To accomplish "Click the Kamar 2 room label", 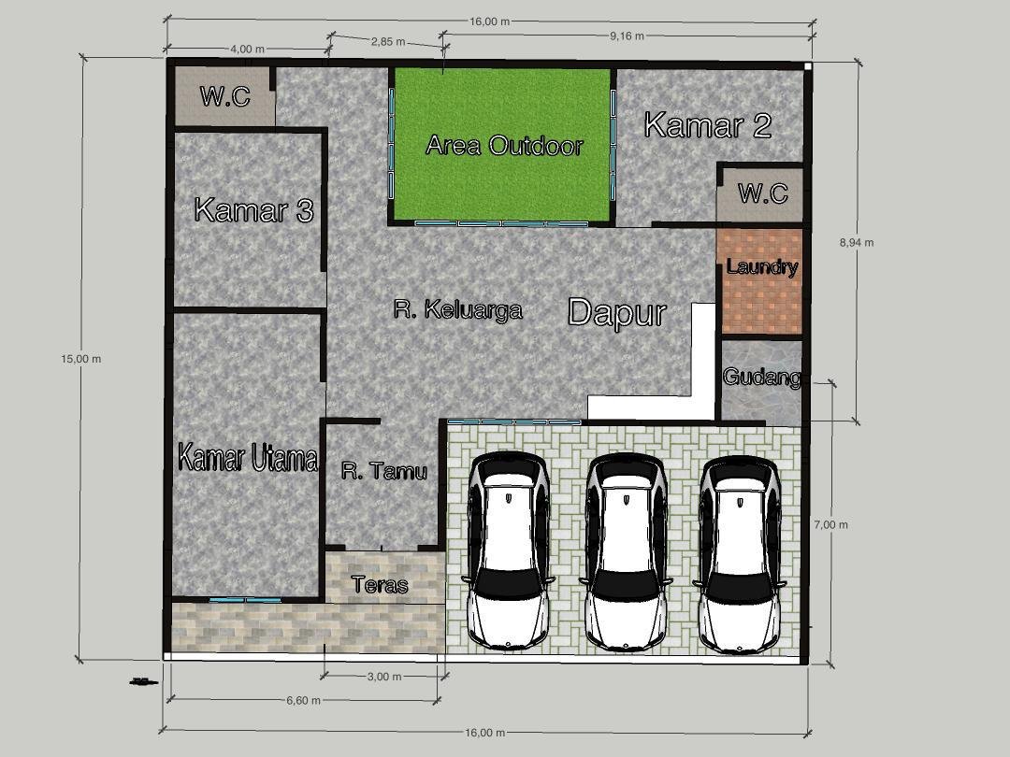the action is coord(707,125).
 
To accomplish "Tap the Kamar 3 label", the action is coord(253,210).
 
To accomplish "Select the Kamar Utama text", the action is coord(247,458).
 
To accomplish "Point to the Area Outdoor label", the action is coord(504,146).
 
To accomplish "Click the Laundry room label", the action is coord(762,266).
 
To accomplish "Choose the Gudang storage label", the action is coord(762,377).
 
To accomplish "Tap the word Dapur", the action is coord(616,313).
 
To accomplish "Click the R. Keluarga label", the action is coord(457,309).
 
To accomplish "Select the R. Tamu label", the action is coord(384,471).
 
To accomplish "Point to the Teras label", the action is coord(380,584).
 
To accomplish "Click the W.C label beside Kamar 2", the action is coord(763,193).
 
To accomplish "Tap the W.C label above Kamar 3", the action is coord(224,96).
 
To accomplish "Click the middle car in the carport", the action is coord(626,551).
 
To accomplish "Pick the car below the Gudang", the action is coord(740,554).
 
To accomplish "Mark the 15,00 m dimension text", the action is coord(81,359).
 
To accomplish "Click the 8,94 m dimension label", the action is coord(857,243).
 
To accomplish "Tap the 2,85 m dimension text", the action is coord(388,42).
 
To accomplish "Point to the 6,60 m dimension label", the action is coord(303,700).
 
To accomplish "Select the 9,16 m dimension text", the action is coord(627,36).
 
